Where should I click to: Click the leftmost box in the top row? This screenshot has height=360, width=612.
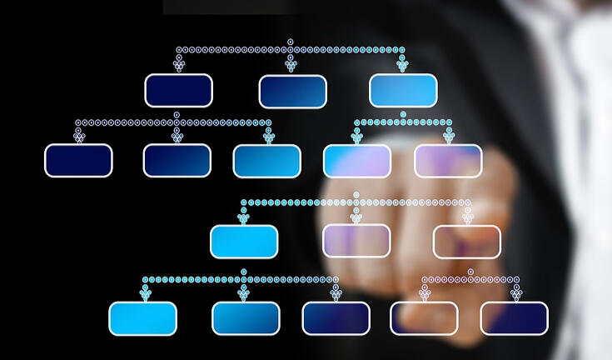[178, 91]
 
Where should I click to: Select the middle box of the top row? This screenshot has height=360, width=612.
[292, 92]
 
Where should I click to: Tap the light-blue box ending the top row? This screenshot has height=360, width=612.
[403, 91]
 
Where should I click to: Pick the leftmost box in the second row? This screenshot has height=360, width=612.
[78, 161]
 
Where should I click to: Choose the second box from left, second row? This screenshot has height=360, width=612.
[177, 161]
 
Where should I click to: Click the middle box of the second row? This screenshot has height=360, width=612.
[266, 162]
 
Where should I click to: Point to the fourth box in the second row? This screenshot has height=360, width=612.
[356, 162]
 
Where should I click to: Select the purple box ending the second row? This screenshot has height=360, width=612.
[448, 161]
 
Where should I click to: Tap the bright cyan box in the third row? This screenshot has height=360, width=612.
[243, 242]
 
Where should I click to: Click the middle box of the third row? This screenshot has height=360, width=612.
[356, 241]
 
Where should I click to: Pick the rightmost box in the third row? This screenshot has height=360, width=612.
[467, 242]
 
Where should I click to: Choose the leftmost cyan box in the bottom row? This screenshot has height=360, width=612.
[142, 318]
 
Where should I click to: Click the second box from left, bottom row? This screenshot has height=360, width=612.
[246, 318]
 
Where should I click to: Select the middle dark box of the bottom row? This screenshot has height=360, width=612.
[336, 318]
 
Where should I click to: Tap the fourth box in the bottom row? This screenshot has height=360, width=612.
[424, 318]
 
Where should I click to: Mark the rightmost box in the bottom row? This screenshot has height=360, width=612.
[514, 318]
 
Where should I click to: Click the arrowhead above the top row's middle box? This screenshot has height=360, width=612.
[291, 66]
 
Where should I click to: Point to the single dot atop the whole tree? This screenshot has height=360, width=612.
[290, 41]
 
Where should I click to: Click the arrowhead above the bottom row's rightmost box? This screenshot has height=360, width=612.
[515, 293]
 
